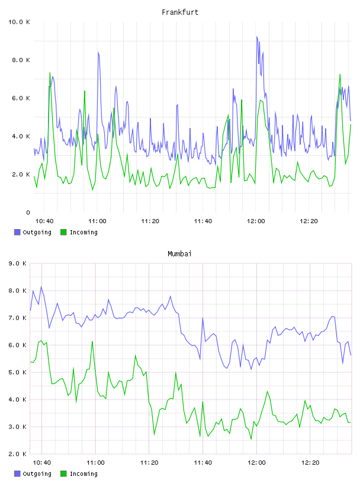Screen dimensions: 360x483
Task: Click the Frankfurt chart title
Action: pyautogui.click(x=180, y=12)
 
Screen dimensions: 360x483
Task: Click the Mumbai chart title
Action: pyautogui.click(x=179, y=254)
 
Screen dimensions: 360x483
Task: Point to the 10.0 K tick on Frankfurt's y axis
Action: pyautogui.click(x=19, y=22)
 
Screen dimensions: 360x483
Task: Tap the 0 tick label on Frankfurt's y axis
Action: pyautogui.click(x=28, y=212)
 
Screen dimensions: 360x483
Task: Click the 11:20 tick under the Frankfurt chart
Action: pyautogui.click(x=150, y=221)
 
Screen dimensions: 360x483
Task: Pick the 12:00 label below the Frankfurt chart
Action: pyautogui.click(x=256, y=221)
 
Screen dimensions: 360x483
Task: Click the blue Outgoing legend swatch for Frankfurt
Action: pyautogui.click(x=17, y=232)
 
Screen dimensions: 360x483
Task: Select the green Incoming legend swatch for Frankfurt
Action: pyautogui.click(x=63, y=232)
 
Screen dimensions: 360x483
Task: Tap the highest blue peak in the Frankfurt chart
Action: pyautogui.click(x=256, y=36)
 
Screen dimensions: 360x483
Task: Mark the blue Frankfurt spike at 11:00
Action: pyautogui.click(x=98, y=52)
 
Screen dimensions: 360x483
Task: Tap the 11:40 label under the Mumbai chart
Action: pyautogui.click(x=203, y=463)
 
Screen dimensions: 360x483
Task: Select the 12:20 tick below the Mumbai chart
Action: pyautogui.click(x=310, y=463)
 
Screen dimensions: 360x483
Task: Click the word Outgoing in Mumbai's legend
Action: pyautogui.click(x=37, y=474)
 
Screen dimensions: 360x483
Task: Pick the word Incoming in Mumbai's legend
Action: pyautogui.click(x=83, y=474)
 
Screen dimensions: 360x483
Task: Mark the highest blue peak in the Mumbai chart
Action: pyautogui.click(x=41, y=286)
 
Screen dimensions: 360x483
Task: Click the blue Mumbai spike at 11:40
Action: pyautogui.click(x=202, y=318)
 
